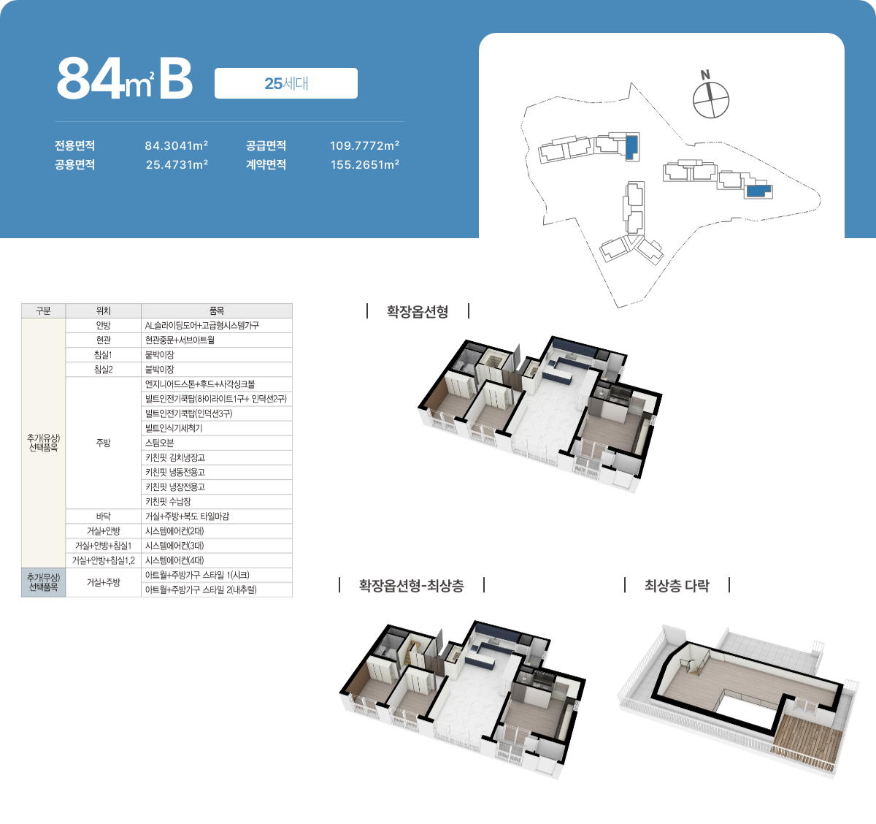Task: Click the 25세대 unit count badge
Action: click(286, 83)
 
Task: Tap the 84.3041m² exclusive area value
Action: click(177, 145)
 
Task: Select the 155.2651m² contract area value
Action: click(365, 164)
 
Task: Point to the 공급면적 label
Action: click(266, 145)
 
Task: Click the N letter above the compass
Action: click(705, 75)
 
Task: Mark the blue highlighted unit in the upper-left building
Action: click(631, 147)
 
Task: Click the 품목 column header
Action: click(217, 311)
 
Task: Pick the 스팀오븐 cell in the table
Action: click(217, 443)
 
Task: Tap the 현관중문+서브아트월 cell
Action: click(217, 340)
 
